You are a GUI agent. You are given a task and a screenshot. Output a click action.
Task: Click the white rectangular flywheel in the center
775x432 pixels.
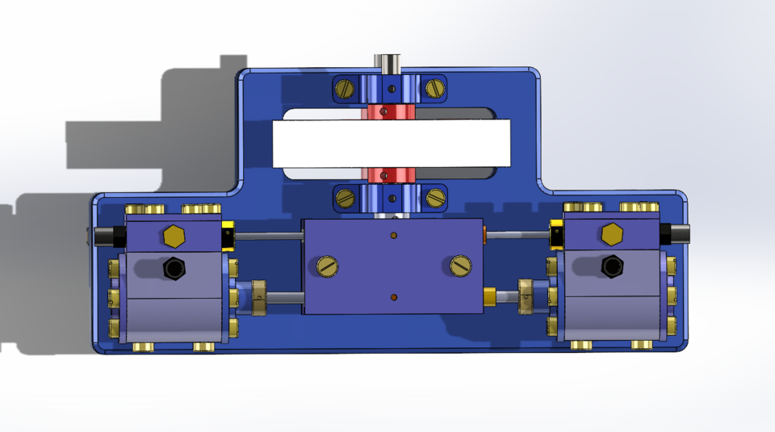pos(392,143)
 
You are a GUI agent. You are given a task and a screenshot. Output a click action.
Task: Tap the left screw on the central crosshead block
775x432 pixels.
pos(326,265)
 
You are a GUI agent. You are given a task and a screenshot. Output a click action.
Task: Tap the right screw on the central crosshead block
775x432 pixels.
pos(461,265)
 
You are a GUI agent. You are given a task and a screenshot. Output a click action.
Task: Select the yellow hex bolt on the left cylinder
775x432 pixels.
pos(173,236)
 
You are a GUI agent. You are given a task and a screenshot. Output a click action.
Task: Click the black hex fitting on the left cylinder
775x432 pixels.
pos(174,267)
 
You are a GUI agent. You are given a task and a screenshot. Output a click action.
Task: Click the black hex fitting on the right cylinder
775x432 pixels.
pos(612,266)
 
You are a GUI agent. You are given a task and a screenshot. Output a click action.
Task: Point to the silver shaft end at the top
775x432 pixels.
pos(389,62)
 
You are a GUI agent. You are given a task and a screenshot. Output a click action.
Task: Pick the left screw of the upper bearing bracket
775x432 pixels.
pos(346,87)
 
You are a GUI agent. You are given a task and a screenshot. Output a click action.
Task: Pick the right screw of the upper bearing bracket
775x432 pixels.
pos(435,87)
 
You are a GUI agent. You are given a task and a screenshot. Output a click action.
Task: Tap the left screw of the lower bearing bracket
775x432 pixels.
pos(346,196)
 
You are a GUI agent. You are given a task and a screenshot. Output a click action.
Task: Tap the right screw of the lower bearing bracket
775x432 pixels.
pos(435,196)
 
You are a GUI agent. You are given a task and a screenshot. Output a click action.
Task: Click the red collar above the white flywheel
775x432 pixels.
pos(391,111)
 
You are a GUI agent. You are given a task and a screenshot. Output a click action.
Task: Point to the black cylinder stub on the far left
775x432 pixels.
pos(104,236)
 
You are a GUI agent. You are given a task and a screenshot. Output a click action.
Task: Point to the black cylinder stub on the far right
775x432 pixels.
pos(678,234)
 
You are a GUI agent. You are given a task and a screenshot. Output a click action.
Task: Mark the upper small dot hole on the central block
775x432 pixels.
pos(393,236)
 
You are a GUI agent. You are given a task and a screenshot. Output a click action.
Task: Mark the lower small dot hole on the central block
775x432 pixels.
pos(393,298)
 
